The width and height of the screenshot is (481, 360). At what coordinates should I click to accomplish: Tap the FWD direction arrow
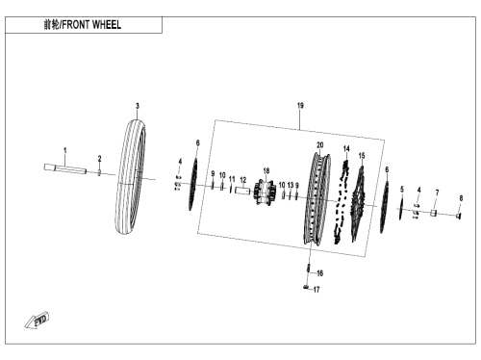[x=38, y=320]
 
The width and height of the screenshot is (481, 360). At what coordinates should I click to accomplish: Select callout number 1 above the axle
[x=65, y=150]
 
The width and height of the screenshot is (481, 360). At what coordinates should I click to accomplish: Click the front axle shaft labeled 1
[x=65, y=169]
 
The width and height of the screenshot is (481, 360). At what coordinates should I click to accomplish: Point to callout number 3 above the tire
[x=138, y=106]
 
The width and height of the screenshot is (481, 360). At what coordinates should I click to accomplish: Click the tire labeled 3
[x=130, y=177]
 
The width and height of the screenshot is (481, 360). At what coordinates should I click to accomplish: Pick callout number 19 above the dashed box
[x=300, y=105]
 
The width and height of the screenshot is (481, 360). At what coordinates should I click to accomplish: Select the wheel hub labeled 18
[x=266, y=193]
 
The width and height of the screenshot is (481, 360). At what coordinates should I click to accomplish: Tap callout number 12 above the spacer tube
[x=243, y=180]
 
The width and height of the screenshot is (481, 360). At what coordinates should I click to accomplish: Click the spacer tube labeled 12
[x=242, y=191]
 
